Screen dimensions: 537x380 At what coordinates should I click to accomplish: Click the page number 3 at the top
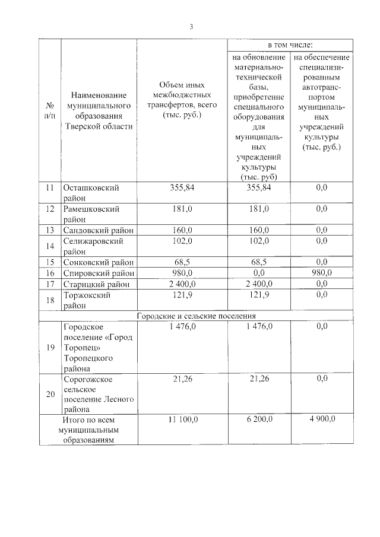point(191,27)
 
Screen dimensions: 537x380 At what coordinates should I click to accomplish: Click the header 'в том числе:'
point(290,45)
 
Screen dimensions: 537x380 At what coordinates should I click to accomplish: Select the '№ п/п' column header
point(50,110)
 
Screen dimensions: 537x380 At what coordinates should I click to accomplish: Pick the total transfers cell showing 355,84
point(182,188)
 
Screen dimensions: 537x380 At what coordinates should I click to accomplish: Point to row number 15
point(50,262)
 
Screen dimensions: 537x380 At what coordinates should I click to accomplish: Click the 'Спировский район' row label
point(99,273)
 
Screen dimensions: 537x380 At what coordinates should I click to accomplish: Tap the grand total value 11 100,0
point(182,419)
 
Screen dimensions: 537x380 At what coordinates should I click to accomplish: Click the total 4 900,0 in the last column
point(322,419)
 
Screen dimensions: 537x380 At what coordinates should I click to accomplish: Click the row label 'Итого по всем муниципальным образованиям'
point(88,430)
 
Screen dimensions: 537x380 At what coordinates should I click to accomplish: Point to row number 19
point(50,347)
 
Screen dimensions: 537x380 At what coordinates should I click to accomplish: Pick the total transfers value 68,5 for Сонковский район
point(182,262)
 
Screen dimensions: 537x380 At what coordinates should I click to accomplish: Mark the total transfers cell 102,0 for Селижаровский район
point(182,242)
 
